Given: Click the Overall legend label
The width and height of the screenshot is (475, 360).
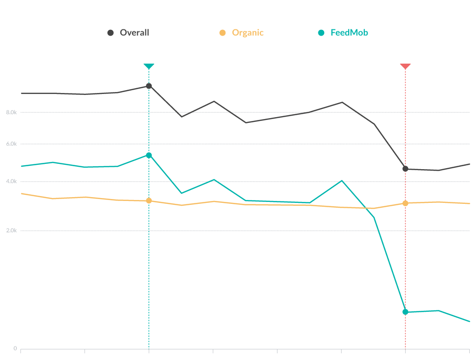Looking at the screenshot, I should pyautogui.click(x=134, y=33).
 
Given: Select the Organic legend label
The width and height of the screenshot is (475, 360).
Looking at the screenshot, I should pyautogui.click(x=248, y=33).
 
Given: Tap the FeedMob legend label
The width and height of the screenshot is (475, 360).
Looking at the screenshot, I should pyautogui.click(x=349, y=33).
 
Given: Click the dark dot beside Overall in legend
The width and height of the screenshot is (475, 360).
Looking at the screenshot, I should pyautogui.click(x=110, y=33).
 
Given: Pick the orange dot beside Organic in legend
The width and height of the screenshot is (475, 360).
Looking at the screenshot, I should pyautogui.click(x=223, y=33).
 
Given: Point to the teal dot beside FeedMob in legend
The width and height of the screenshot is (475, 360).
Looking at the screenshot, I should pyautogui.click(x=321, y=33).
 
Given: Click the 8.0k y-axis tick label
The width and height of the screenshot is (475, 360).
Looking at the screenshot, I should pyautogui.click(x=12, y=112).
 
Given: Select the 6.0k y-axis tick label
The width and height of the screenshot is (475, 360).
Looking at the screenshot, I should pyautogui.click(x=12, y=144).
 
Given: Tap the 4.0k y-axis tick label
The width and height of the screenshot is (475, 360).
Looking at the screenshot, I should pyautogui.click(x=12, y=182).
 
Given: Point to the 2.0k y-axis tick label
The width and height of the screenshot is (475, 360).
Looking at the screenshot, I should pyautogui.click(x=12, y=231).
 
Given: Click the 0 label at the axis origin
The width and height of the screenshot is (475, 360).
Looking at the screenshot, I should pyautogui.click(x=15, y=348).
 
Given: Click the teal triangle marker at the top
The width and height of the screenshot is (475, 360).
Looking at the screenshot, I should pyautogui.click(x=149, y=66).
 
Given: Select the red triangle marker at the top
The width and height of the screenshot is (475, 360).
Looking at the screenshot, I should pyautogui.click(x=405, y=66).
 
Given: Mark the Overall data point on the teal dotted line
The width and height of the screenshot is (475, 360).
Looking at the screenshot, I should pyautogui.click(x=149, y=86).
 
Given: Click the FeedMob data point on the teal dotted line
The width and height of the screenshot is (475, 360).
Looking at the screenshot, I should pyautogui.click(x=149, y=155).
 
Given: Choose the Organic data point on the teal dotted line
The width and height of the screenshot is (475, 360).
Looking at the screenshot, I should pyautogui.click(x=149, y=200).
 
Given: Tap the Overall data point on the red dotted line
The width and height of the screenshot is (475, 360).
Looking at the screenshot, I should pyautogui.click(x=405, y=169).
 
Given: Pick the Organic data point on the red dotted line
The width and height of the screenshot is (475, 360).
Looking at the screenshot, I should pyautogui.click(x=405, y=203).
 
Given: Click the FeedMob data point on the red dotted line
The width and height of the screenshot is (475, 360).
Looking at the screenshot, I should pyautogui.click(x=405, y=312).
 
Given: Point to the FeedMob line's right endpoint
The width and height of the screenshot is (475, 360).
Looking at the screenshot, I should pyautogui.click(x=469, y=321).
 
